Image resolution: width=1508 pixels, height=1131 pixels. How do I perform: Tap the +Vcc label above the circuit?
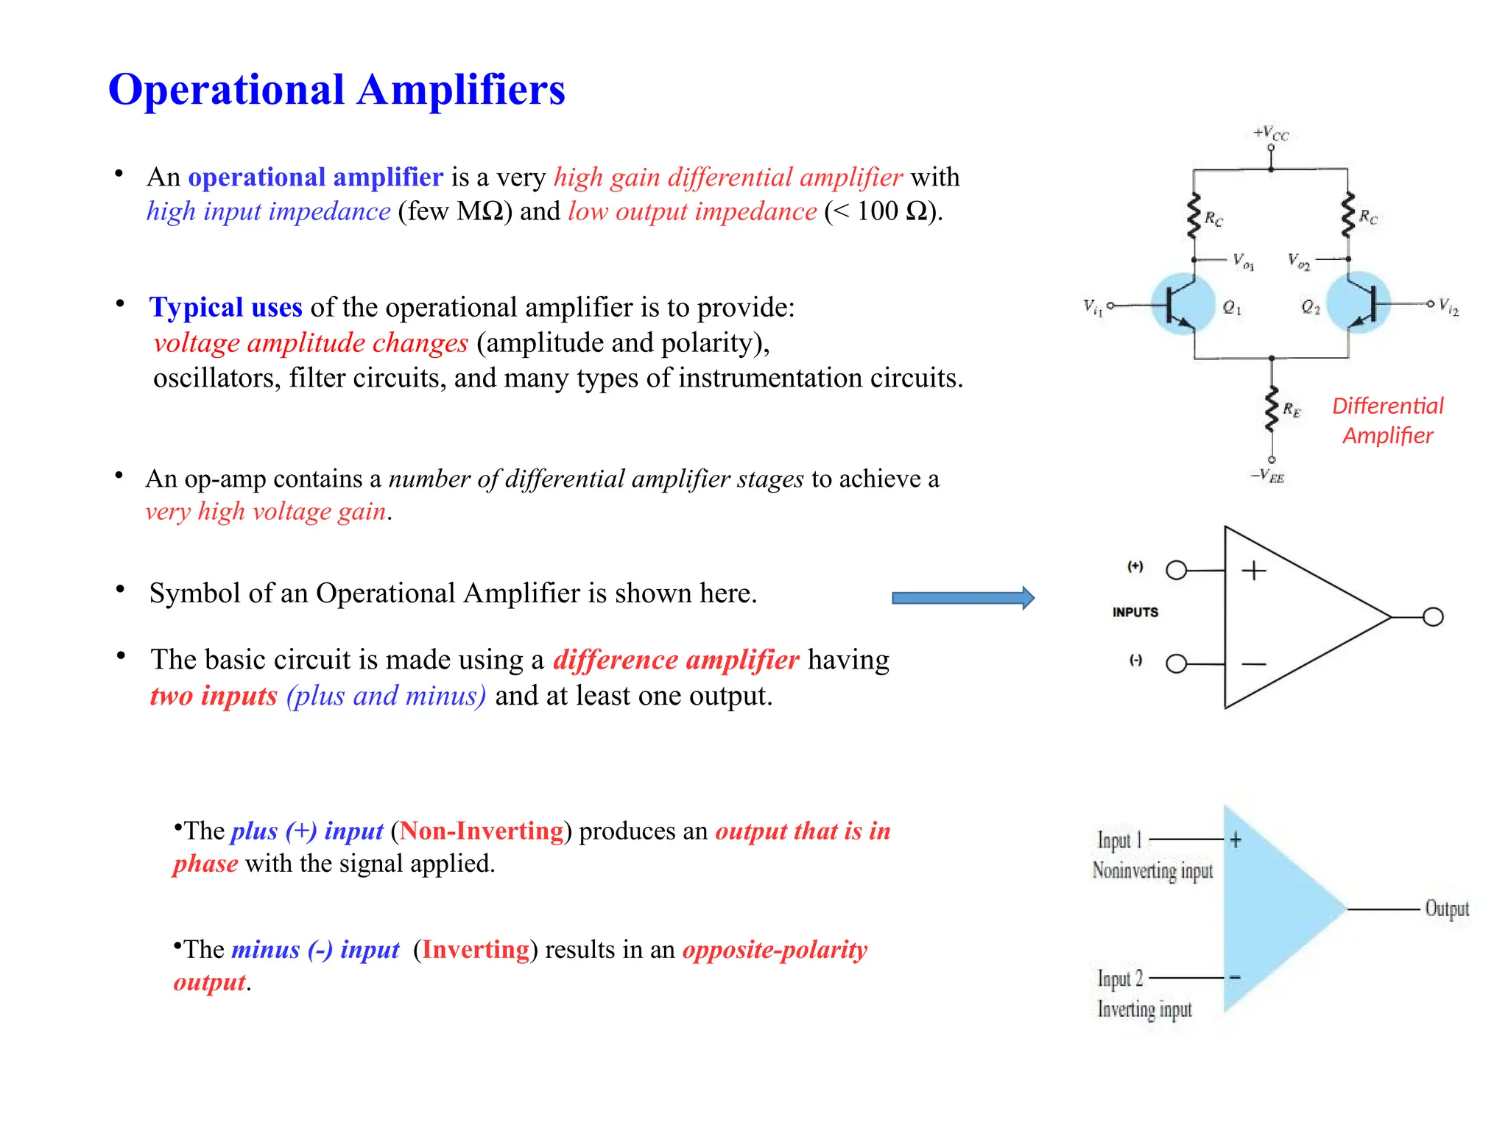1271,133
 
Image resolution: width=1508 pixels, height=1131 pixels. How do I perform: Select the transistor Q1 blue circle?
1183,304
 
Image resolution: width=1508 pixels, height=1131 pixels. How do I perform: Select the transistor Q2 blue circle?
1359,304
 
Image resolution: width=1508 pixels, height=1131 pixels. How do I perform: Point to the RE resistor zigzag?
1272,409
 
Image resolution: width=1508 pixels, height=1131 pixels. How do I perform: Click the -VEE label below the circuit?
1268,476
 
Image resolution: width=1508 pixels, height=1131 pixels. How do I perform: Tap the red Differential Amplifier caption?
1388,420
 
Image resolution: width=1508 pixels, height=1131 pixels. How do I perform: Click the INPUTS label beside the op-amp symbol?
1135,613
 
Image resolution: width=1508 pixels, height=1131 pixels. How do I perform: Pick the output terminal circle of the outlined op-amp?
1433,617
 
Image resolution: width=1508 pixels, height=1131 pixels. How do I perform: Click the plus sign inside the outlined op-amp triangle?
1254,571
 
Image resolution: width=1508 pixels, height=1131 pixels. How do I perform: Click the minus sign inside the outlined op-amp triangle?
1254,664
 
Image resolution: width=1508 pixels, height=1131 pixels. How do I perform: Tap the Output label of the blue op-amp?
1447,909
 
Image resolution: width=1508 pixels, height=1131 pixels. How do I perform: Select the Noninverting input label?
1152,871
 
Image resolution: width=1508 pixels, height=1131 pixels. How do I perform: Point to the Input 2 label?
1120,979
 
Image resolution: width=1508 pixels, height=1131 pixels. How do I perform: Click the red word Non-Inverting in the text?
482,831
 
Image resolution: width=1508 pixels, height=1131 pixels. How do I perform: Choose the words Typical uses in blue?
225,307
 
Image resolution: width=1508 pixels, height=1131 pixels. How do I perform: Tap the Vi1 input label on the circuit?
1093,306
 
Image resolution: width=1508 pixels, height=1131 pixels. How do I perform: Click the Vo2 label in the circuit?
1299,261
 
